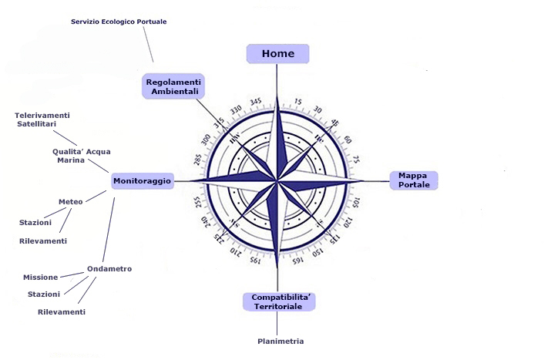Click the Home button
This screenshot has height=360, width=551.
pos(277,53)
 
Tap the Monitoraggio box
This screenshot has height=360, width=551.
pos(143,180)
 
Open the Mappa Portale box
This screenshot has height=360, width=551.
pos(413,180)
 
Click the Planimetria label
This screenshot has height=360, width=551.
pos(281,341)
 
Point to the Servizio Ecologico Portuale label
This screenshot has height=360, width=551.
pos(119,22)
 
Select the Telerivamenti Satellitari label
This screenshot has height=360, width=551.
pos(42,119)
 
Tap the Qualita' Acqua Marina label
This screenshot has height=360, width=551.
pos(82,156)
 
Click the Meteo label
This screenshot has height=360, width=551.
pos(71,202)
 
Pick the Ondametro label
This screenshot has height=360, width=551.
pos(109,269)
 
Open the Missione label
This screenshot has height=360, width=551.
pos(41,277)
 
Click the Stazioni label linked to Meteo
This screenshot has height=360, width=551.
pos(35,223)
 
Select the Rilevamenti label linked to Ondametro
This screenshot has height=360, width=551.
pos(62,312)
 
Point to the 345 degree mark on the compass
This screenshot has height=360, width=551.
pos(256,102)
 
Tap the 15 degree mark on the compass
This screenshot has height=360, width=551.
pos(299,102)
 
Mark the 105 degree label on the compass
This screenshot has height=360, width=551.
pos(355,202)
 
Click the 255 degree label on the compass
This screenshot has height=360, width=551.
pos(198,202)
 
